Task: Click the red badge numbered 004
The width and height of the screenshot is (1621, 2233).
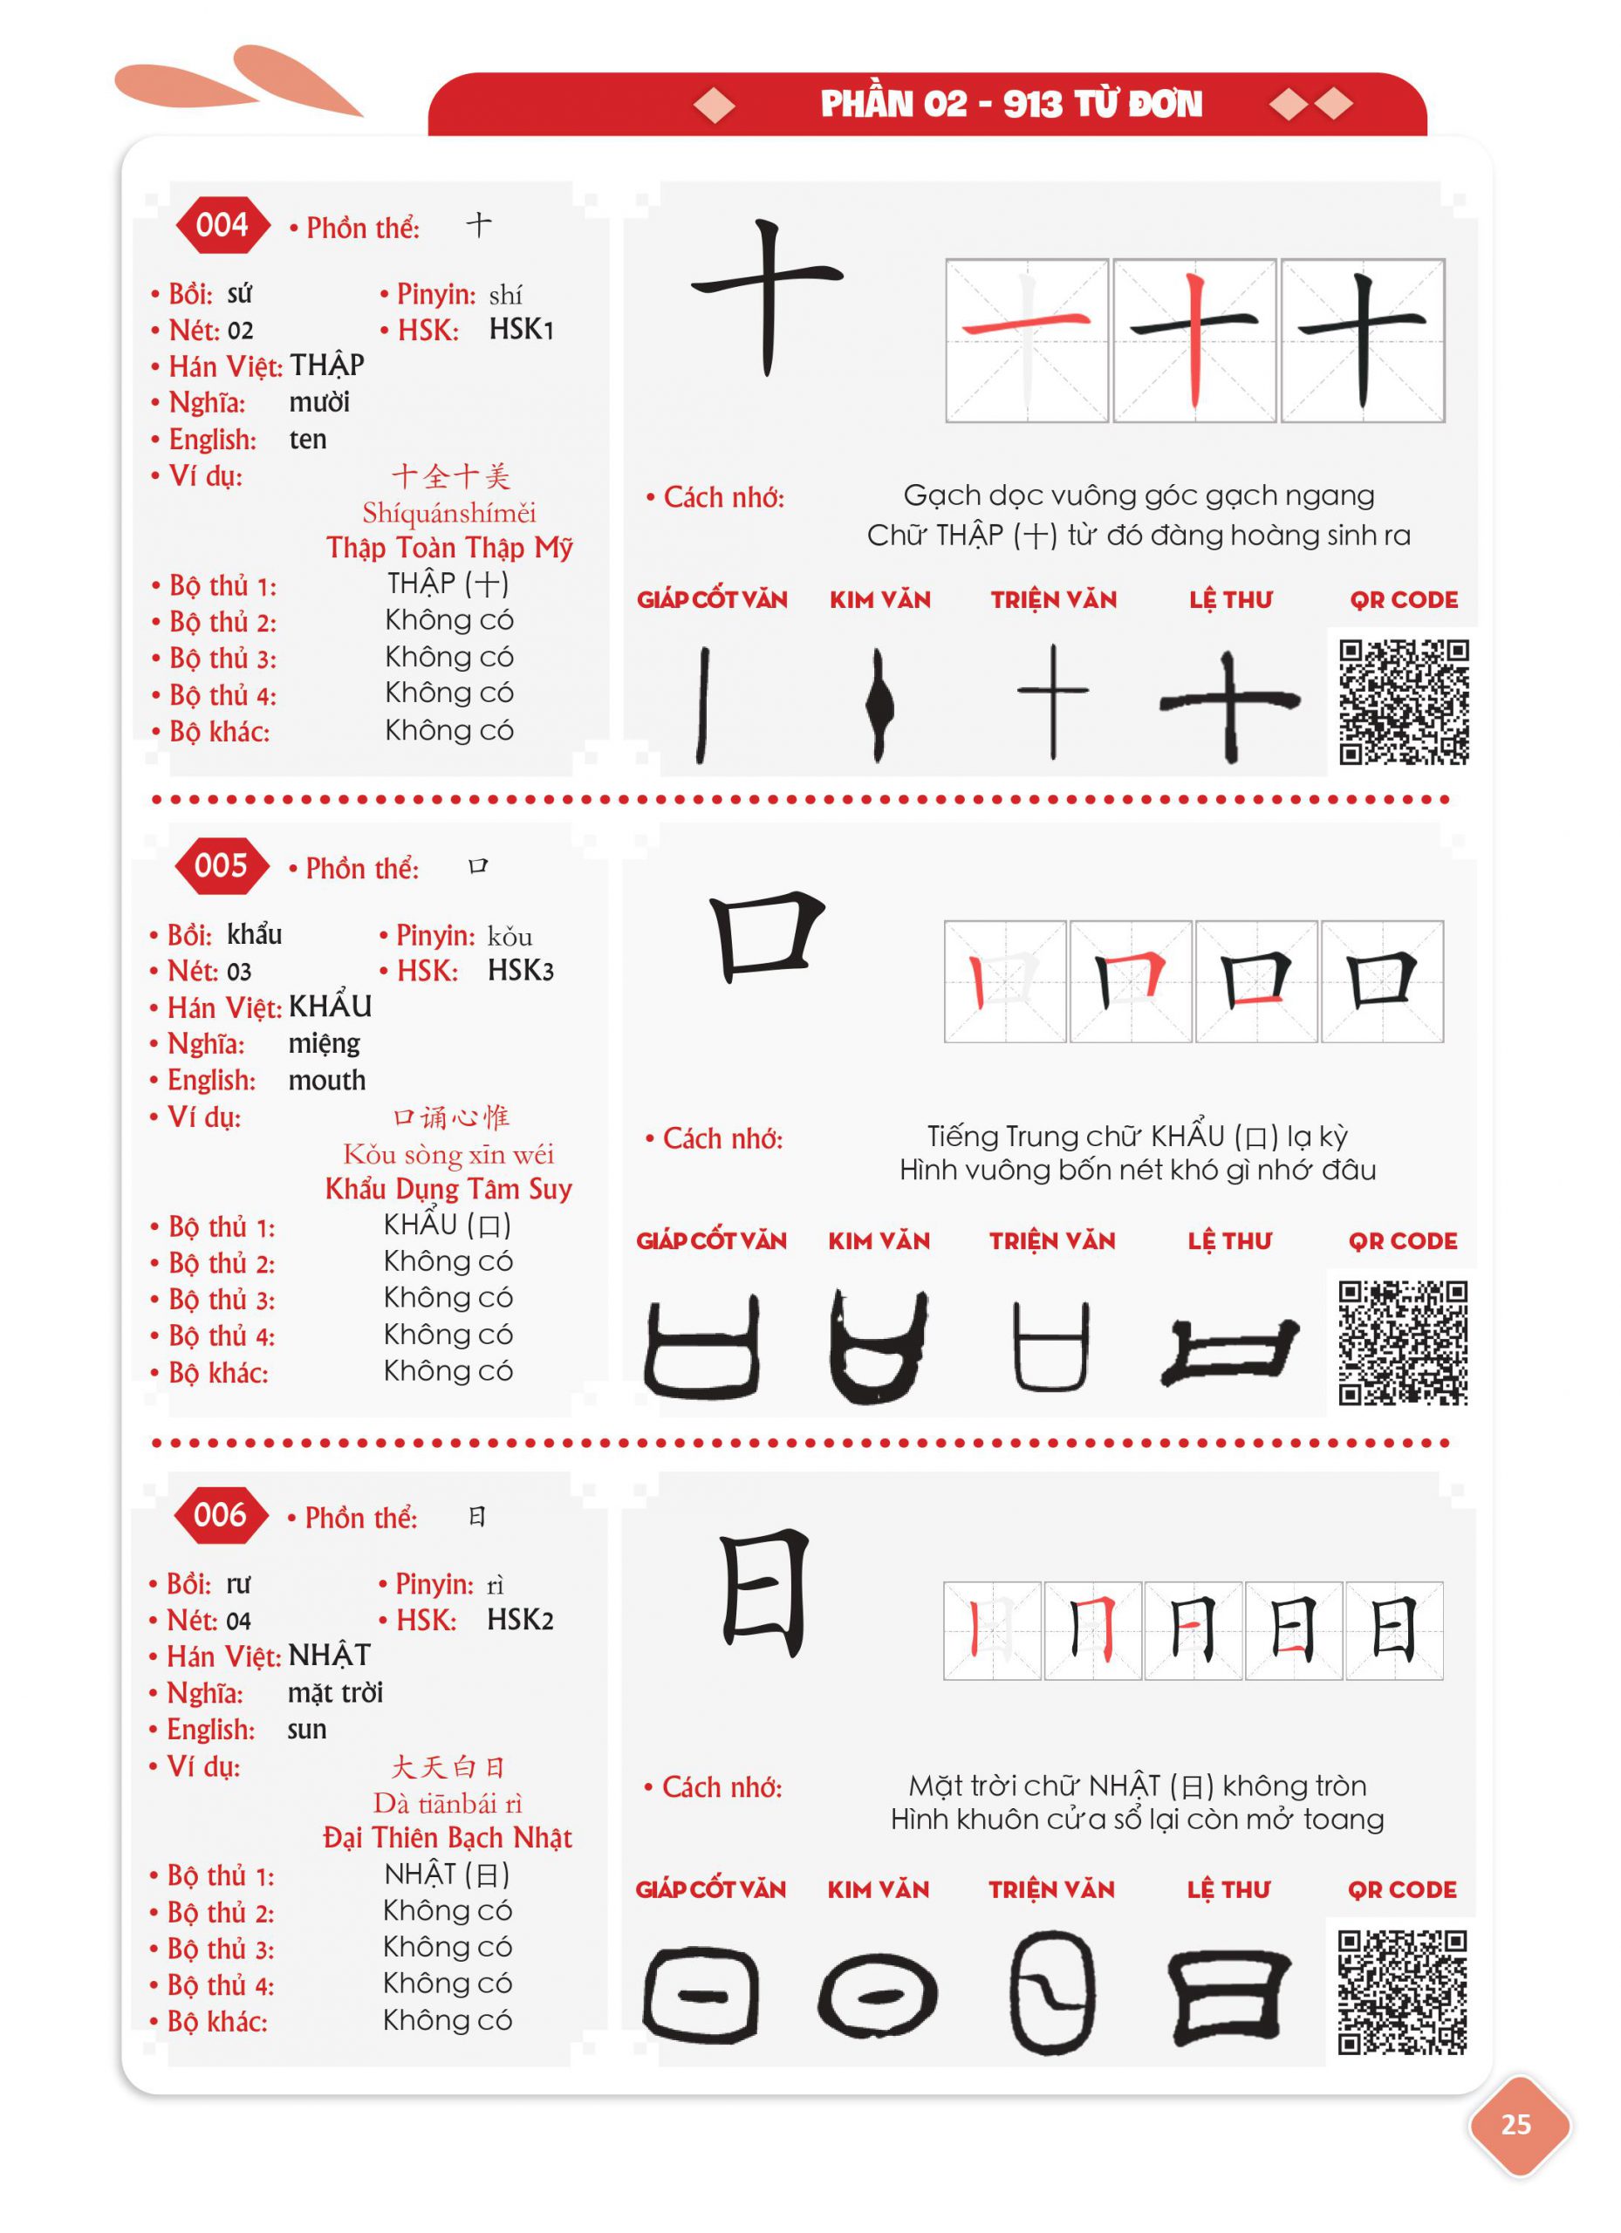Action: point(222,225)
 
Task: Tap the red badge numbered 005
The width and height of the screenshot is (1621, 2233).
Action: point(221,866)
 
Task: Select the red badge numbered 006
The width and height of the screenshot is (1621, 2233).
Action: point(220,1515)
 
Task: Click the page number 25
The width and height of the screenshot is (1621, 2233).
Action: point(1515,2124)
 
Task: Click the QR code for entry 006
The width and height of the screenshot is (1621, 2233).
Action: point(1401,1991)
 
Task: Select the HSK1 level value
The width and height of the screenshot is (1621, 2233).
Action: point(521,330)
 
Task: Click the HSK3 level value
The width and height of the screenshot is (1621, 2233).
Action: point(520,971)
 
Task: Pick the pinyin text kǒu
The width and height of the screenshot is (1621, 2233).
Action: point(510,935)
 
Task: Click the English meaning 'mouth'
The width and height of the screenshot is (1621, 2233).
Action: point(327,1080)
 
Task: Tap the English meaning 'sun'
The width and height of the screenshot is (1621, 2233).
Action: point(306,1729)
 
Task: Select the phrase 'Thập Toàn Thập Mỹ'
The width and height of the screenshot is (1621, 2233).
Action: point(449,548)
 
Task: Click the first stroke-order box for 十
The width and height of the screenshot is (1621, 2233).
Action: point(1026,341)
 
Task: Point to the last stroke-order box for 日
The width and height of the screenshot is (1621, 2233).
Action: point(1393,1630)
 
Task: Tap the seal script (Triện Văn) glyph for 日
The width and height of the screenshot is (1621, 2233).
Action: point(1052,1993)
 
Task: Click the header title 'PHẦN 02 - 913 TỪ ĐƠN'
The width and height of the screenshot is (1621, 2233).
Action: point(1011,104)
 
